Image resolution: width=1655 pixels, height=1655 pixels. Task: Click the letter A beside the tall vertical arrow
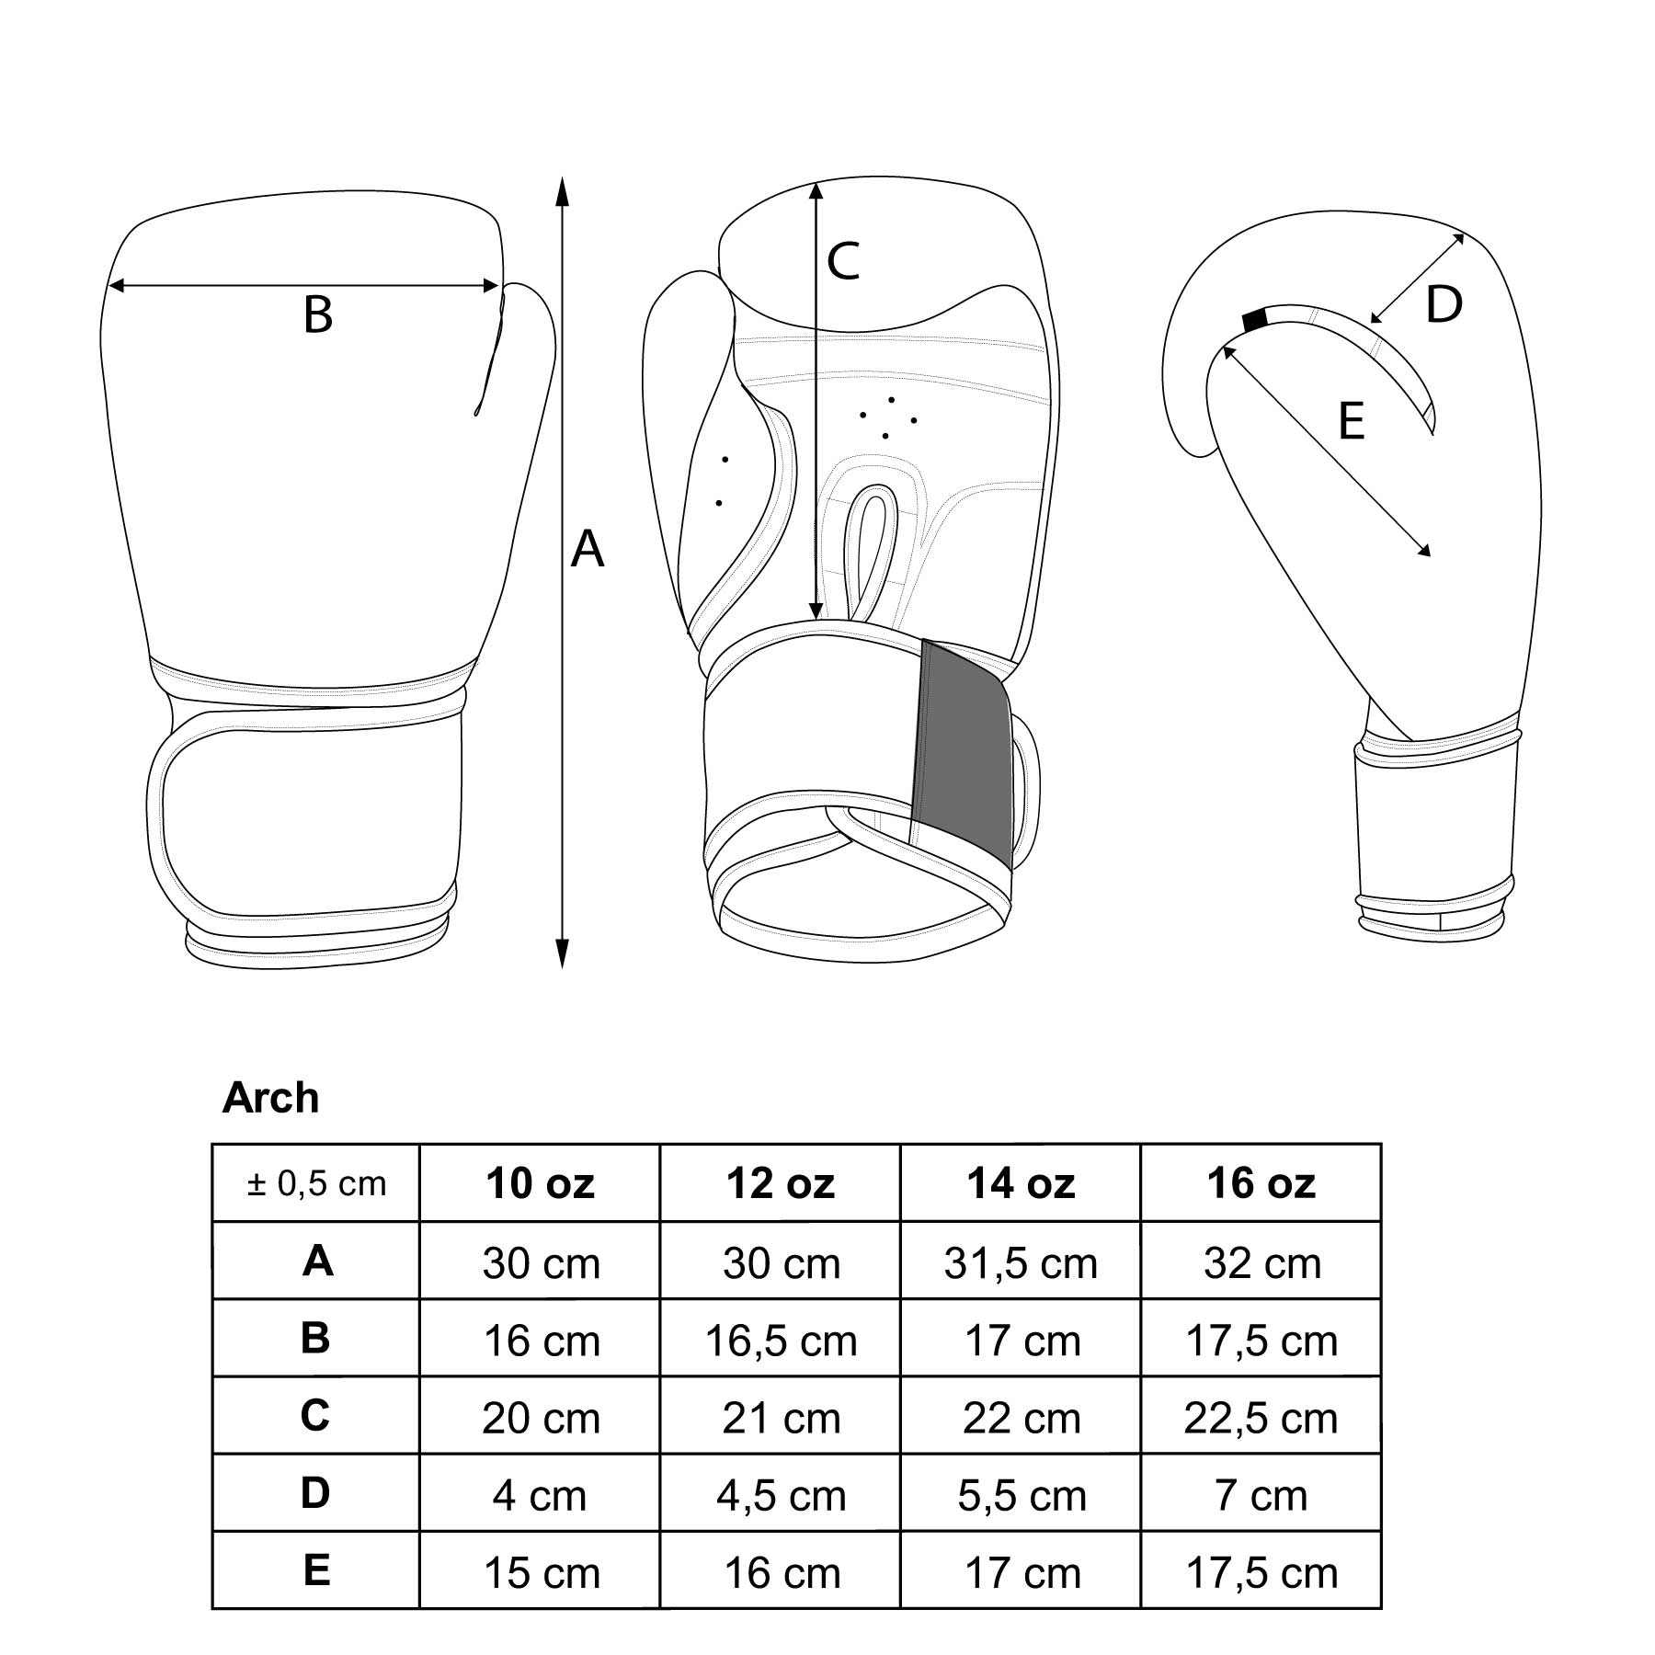point(588,550)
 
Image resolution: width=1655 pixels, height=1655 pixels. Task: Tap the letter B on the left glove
point(317,314)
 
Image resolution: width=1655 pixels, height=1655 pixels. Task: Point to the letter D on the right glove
point(1444,304)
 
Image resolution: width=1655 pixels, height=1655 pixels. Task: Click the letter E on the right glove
point(1351,421)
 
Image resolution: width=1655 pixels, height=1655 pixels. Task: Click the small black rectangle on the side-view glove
point(1254,320)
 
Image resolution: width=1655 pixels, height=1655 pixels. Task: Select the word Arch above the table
point(270,1098)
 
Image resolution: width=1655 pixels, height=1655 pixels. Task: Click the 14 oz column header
point(1021,1183)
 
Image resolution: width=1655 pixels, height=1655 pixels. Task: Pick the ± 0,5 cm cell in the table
point(316,1183)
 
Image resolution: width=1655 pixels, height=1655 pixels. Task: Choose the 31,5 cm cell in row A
point(1021,1263)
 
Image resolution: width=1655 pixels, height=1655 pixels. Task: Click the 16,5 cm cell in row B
point(781,1341)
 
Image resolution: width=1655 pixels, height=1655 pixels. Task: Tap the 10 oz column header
point(541,1183)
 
